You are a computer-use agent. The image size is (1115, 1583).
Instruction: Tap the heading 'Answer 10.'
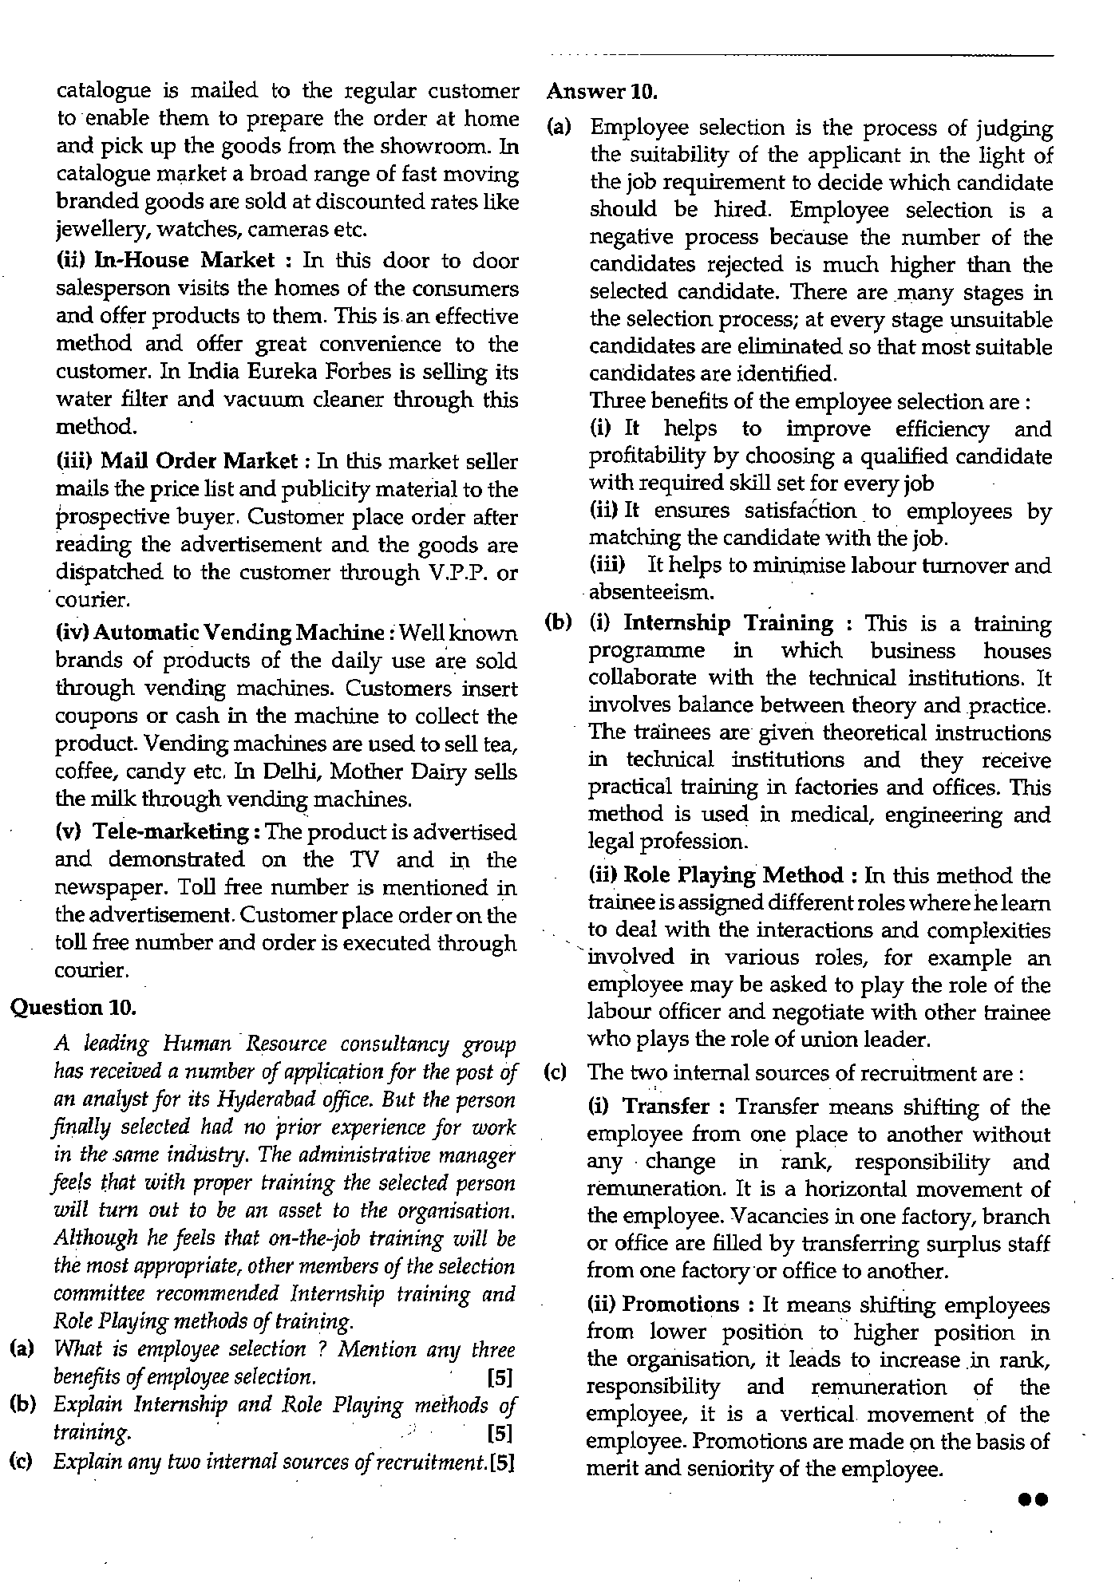[x=602, y=92]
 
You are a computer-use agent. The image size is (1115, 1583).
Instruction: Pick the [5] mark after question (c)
[x=502, y=1463]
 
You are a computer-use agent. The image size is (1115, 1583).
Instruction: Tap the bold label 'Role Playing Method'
[x=732, y=875]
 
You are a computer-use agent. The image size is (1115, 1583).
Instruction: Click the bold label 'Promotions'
[x=681, y=1305]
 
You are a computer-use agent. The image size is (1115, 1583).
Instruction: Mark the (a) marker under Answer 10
[x=559, y=128]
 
